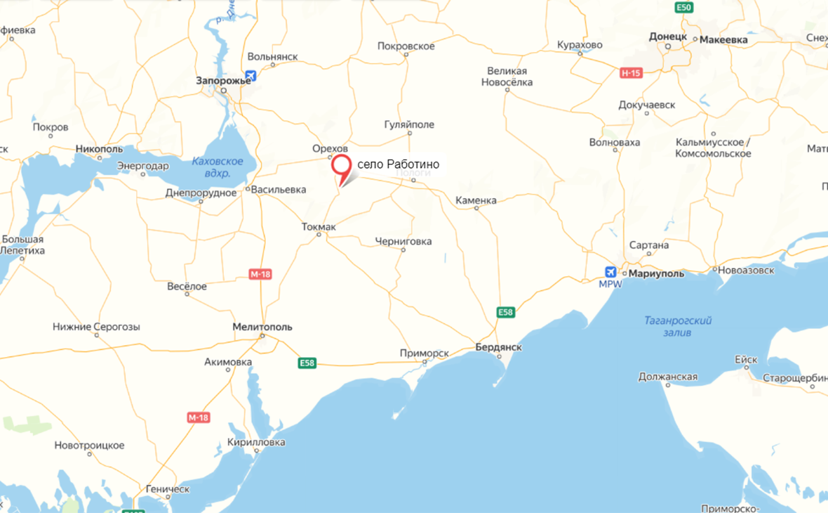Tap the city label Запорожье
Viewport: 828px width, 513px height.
coord(223,81)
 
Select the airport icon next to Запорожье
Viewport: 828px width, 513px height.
coord(251,76)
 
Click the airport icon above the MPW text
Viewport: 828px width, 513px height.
coord(610,272)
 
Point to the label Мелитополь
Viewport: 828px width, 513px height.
coord(262,327)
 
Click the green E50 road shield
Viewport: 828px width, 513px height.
coord(684,7)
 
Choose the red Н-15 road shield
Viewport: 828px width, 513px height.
coord(632,72)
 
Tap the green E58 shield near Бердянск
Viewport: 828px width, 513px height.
coord(506,312)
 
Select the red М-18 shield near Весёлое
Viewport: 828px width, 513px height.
coord(260,274)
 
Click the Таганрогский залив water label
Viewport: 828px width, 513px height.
coord(678,326)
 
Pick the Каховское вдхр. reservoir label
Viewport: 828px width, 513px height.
coord(218,167)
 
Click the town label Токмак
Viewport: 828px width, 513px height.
coord(319,226)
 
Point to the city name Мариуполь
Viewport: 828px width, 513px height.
coord(656,273)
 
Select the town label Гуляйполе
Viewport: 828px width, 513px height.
coord(409,124)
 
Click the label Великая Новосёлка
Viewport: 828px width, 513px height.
coord(507,77)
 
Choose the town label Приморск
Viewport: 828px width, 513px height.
coord(424,353)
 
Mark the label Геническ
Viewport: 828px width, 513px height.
coord(168,488)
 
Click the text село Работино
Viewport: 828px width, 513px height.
coord(398,164)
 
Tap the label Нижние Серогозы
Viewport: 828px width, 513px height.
coord(96,327)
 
